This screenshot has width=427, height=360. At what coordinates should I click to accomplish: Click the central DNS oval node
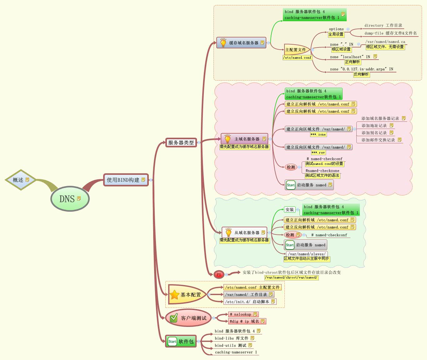coord(70,199)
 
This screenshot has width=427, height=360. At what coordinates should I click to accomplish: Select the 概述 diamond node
coord(20,180)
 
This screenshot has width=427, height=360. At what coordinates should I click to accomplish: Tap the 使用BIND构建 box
coord(125,180)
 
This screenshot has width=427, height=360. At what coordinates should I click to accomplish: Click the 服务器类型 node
coord(181,142)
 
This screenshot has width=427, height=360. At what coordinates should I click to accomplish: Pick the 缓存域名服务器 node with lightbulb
coord(241,43)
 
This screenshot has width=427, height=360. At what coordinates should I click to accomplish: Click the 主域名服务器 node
coord(244,139)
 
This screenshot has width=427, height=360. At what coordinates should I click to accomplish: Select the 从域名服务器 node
coord(244,233)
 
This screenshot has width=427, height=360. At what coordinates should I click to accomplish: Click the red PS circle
coord(219,275)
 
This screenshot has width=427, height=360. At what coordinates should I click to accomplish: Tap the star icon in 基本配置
coord(174,295)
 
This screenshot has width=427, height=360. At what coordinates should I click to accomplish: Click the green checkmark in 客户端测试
coord(173,318)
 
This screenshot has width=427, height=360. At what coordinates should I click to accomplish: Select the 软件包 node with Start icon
coord(181,341)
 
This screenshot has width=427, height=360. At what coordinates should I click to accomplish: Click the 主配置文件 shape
coord(296,50)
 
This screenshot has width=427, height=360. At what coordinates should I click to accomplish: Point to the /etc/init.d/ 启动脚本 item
coord(250,302)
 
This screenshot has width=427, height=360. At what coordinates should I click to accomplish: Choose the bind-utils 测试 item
coord(231,345)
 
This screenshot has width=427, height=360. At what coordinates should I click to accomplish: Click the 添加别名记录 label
coord(374,133)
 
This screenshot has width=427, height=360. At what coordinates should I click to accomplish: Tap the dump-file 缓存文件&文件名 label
coord(390,33)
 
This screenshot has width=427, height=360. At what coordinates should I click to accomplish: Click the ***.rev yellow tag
coord(318,153)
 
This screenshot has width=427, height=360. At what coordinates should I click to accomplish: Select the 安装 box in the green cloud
coord(289,210)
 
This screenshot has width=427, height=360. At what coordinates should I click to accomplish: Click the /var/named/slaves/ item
coord(306,254)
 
